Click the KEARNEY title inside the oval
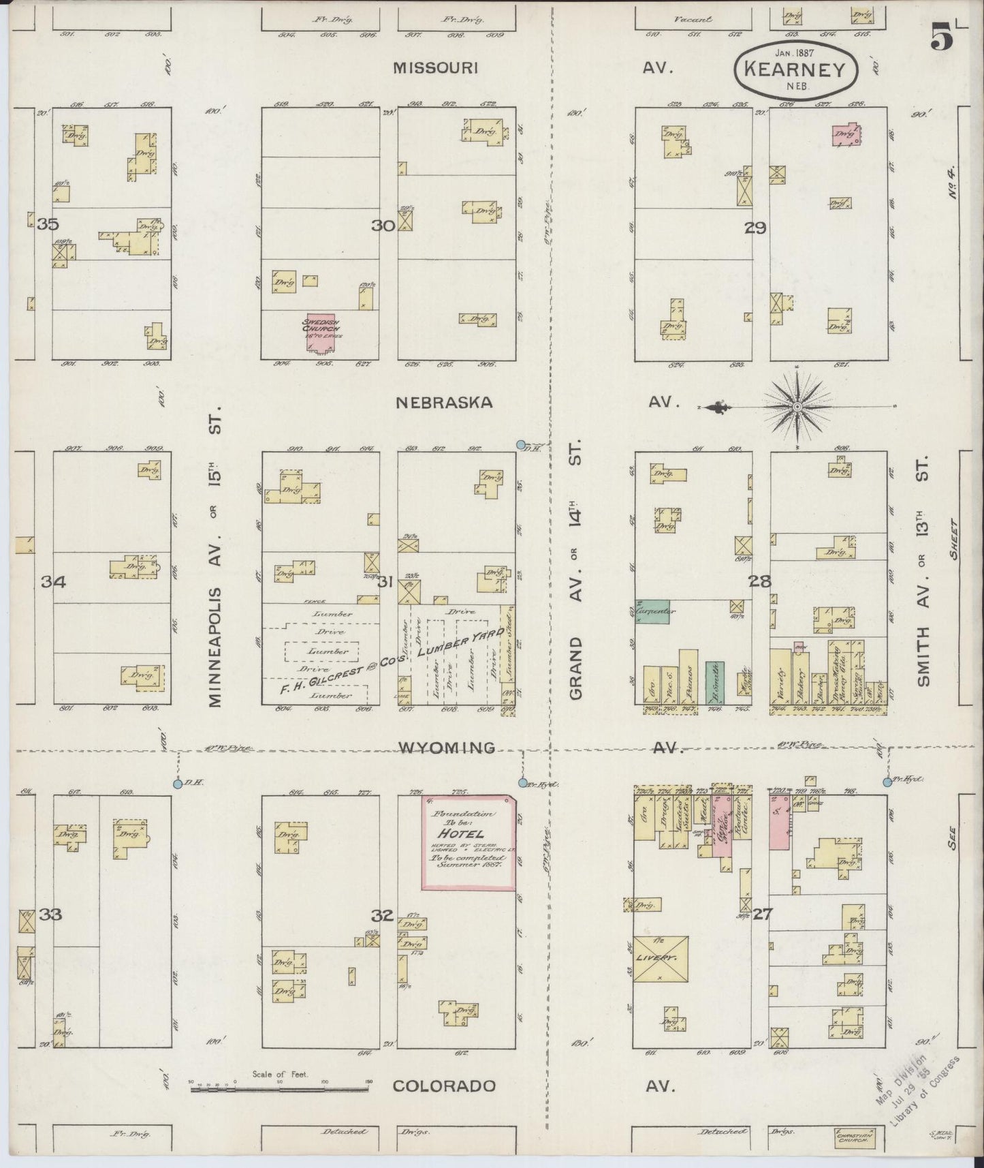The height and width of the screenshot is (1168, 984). tap(795, 70)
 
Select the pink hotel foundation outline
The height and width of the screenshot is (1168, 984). tap(469, 842)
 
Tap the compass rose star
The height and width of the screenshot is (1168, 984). tap(797, 408)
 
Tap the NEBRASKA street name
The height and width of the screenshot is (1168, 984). tap(445, 402)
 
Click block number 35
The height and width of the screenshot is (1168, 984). tap(48, 224)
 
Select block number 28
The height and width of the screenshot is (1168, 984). tap(759, 581)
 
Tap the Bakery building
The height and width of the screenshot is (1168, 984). tap(802, 679)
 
